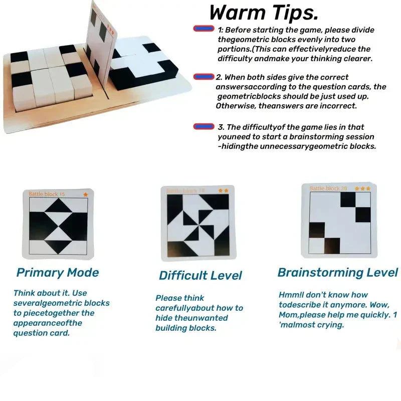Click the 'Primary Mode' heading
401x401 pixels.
[58, 273]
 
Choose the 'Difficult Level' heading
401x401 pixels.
[200, 275]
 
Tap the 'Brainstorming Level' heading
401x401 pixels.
[337, 273]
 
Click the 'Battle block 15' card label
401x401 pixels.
[47, 194]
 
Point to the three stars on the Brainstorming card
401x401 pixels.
[362, 188]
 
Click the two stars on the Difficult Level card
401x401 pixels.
[224, 190]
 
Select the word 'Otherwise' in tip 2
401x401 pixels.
[234, 106]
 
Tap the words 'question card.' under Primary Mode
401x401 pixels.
[42, 333]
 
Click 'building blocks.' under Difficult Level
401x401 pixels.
[185, 328]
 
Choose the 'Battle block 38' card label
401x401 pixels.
[328, 188]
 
